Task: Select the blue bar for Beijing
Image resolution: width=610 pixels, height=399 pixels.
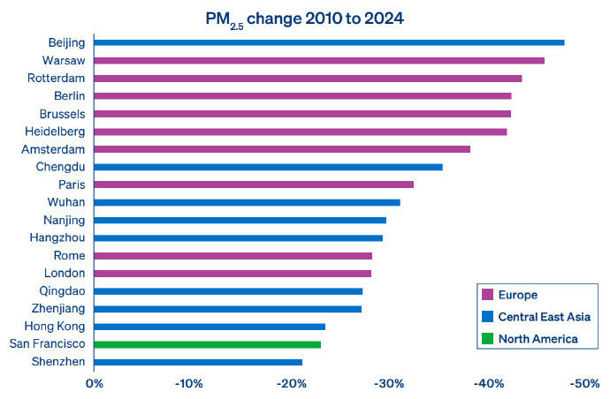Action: [x=329, y=42]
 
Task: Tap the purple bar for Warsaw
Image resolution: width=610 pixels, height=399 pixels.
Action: [x=319, y=60]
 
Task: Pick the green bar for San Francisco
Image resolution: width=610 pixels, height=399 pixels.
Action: [x=207, y=344]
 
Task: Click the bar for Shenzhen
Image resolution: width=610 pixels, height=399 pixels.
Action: [x=198, y=362]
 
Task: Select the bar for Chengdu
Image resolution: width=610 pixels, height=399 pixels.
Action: [x=268, y=167]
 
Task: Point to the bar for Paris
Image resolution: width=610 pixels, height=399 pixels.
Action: [x=254, y=184]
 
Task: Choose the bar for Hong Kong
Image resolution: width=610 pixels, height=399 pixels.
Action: [x=210, y=327]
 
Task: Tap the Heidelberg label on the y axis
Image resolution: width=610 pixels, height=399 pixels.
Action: [x=55, y=132]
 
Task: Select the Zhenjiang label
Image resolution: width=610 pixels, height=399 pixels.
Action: [x=57, y=309]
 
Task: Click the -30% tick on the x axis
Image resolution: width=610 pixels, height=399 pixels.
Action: [x=389, y=384]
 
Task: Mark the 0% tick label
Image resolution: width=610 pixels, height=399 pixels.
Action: [x=94, y=384]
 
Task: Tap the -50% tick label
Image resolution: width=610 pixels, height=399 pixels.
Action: [x=586, y=384]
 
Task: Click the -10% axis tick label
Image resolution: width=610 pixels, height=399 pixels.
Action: [x=190, y=384]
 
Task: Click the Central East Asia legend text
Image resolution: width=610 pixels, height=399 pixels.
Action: [x=544, y=317]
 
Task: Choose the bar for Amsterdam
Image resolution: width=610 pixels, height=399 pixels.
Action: [x=282, y=149]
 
